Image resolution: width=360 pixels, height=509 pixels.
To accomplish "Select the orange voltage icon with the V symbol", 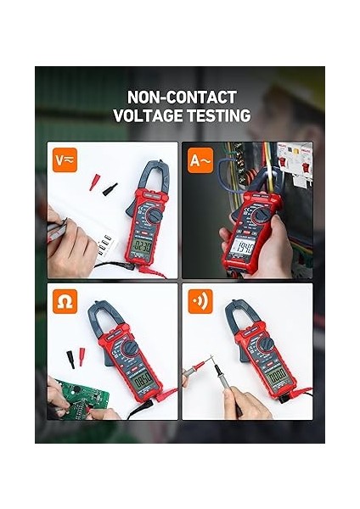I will coord(62,159).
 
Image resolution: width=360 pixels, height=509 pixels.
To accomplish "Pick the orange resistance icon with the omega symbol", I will coord(62,301).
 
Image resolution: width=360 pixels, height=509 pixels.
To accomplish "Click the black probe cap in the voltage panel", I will coord(109,188).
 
